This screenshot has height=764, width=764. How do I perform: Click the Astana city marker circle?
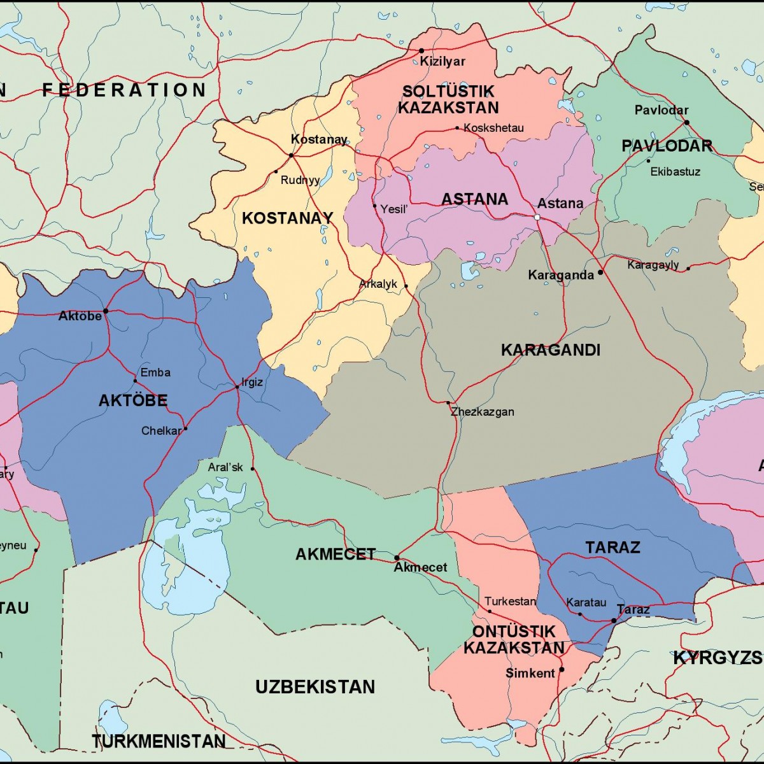point(537,217)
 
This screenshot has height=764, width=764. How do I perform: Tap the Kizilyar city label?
point(442,62)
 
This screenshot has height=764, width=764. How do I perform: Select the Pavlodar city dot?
point(686,122)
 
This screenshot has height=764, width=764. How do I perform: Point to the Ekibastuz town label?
point(675,172)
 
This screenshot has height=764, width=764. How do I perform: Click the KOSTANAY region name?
point(287,218)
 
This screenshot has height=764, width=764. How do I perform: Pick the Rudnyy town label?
point(300,180)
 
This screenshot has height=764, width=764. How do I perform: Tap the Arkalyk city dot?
point(406,286)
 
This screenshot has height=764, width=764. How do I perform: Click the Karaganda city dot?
point(600,272)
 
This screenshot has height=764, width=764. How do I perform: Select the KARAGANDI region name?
point(550,350)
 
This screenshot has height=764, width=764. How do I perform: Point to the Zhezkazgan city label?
point(483,412)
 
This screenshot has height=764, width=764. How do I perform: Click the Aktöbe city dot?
point(106,311)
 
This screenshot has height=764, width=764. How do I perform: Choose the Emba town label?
point(155,372)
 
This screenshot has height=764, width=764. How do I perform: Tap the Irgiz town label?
point(252,383)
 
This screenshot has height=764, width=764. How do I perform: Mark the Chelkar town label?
point(161,431)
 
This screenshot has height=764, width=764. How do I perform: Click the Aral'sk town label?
point(225,467)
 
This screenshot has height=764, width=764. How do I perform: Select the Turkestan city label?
point(510,601)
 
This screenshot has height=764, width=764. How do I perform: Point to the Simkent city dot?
point(562,669)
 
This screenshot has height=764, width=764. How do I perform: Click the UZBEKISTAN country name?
point(315,687)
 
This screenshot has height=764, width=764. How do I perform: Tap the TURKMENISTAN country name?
point(159,741)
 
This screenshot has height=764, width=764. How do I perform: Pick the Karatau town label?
point(586,602)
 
